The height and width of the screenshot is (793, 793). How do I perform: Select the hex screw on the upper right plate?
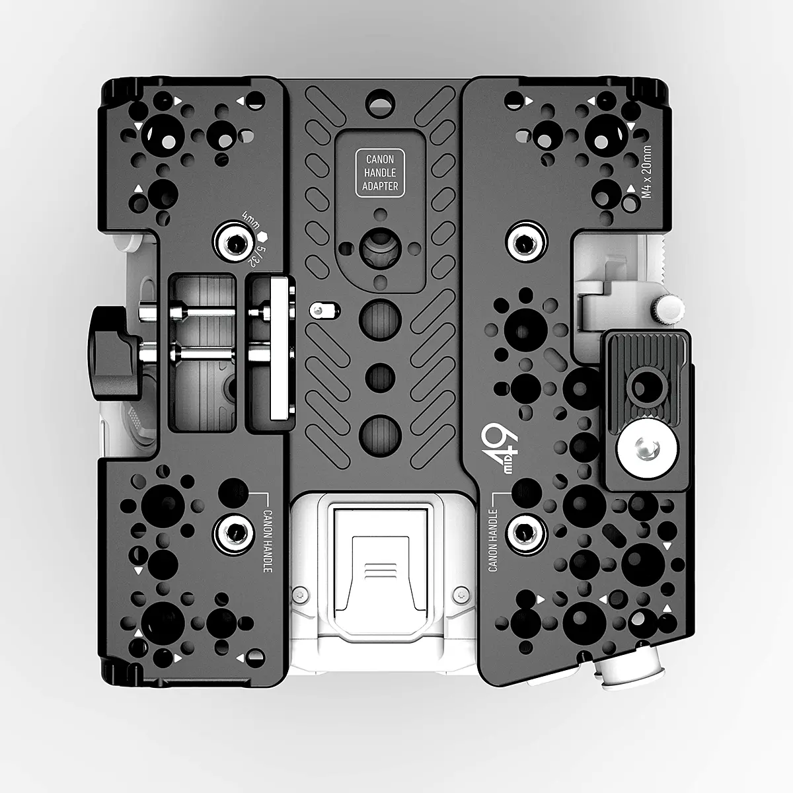[526, 243]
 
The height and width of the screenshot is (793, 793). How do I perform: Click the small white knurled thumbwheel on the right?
[669, 307]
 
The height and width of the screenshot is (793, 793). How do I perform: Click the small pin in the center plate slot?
[319, 309]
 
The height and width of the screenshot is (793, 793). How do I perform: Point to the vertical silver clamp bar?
[280, 349]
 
